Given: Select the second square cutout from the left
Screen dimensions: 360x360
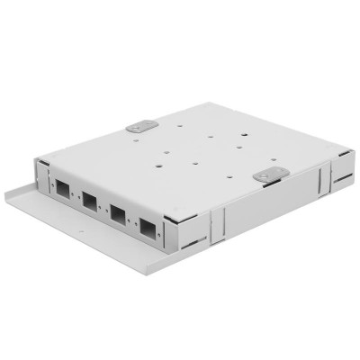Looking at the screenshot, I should [x=90, y=205].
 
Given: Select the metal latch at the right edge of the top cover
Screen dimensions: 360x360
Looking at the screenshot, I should [x=267, y=176].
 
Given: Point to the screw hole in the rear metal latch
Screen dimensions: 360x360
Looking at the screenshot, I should [x=136, y=127].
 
